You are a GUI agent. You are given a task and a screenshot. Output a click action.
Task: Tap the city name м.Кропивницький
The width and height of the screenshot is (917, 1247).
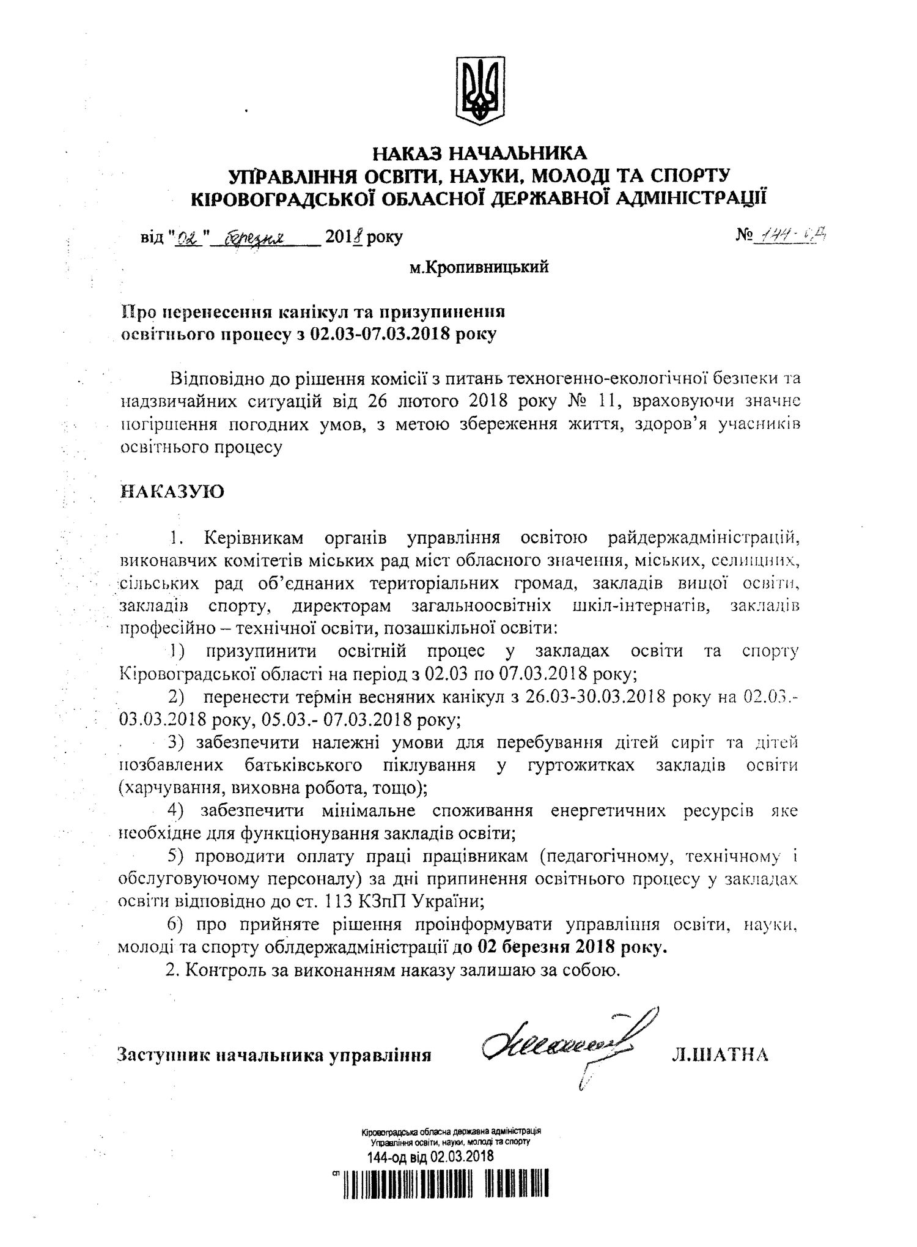click(479, 267)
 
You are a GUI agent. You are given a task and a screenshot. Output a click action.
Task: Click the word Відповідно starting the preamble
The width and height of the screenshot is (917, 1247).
click(216, 379)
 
